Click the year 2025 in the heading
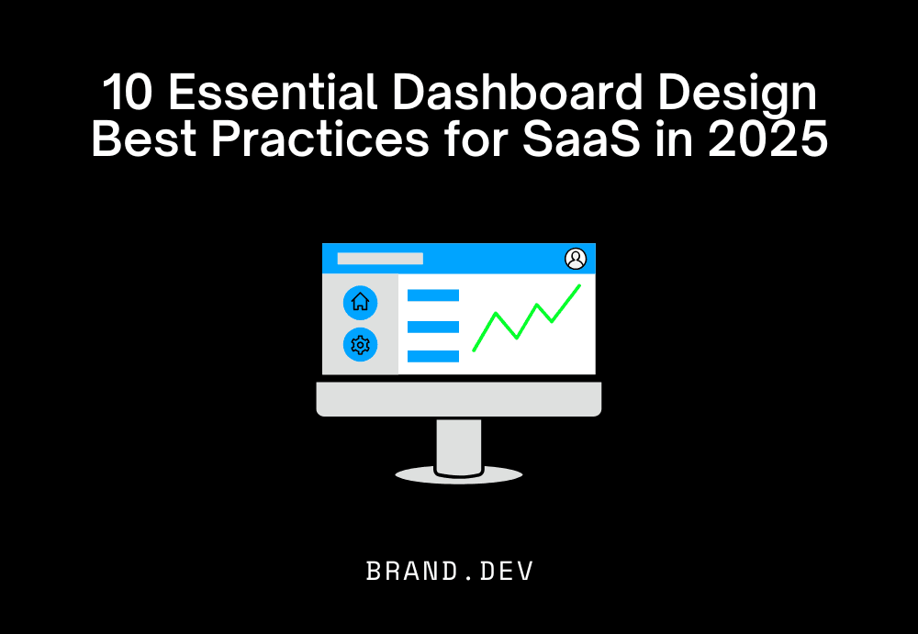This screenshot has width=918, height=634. click(775, 142)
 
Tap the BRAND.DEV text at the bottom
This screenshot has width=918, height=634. click(450, 571)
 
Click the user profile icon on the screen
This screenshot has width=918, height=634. click(576, 259)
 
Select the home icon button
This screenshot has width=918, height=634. click(360, 302)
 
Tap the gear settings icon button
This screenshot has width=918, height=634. click(360, 345)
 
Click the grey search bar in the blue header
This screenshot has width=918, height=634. click(380, 259)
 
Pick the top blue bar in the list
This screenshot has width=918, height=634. click(432, 295)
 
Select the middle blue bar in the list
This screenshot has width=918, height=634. click(432, 327)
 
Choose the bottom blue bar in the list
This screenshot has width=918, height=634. click(432, 356)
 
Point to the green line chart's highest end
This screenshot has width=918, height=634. click(578, 286)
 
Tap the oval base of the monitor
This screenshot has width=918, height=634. click(459, 475)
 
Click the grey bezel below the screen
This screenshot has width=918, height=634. click(459, 399)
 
